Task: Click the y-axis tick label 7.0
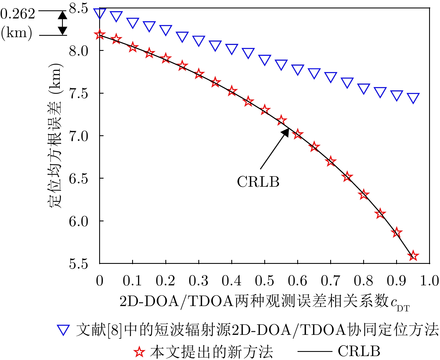pos(79,136)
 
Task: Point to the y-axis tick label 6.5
pos(79,179)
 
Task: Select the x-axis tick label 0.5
pos(264,281)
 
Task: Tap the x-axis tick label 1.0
pos(429,281)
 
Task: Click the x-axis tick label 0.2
pos(165,281)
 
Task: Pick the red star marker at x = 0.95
pos(413,256)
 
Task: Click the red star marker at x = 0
pos(99,35)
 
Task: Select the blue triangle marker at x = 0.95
pos(413,98)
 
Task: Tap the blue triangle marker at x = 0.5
pos(265,60)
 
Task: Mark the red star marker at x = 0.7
pos(331,162)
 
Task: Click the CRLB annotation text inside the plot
pos(258,182)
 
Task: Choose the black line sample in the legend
pos(314,351)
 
